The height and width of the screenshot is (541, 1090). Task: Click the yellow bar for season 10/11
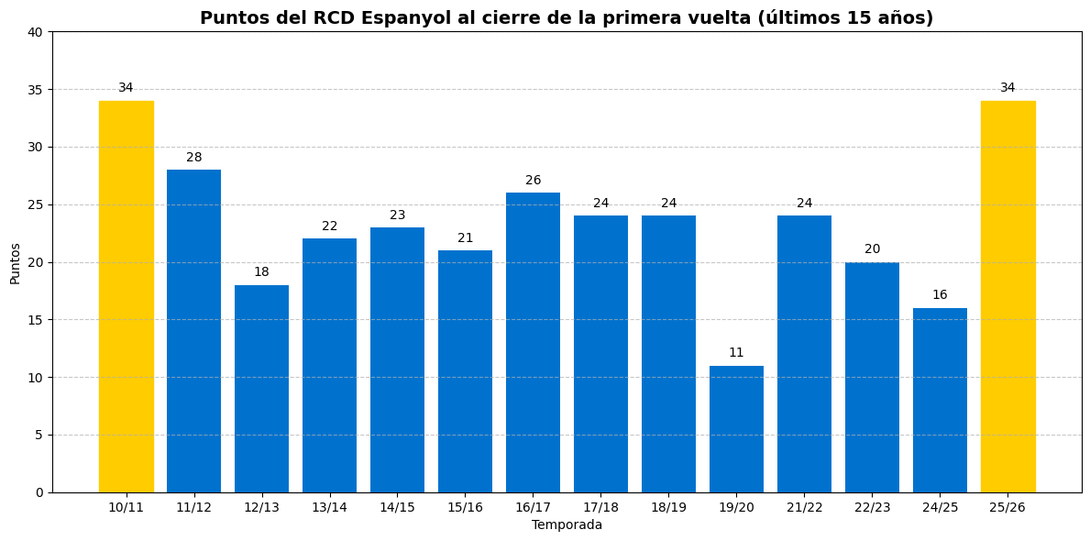click(127, 296)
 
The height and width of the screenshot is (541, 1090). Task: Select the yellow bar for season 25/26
click(1007, 296)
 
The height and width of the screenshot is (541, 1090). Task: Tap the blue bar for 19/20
click(736, 429)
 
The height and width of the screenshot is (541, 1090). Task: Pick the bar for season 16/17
click(533, 342)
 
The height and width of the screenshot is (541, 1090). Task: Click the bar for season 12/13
click(261, 389)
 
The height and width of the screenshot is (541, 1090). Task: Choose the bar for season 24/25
click(940, 400)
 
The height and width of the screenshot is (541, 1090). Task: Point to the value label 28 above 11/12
click(194, 158)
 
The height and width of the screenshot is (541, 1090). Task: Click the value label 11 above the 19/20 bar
click(736, 353)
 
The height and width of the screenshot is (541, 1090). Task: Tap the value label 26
click(533, 181)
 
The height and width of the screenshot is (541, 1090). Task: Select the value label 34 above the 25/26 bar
click(1007, 88)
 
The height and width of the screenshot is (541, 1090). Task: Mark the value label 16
click(940, 295)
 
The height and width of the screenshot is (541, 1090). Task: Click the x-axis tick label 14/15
click(397, 507)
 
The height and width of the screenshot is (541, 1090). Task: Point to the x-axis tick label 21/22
click(804, 507)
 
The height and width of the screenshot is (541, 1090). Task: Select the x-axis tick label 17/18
click(600, 507)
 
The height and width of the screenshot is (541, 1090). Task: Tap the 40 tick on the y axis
click(35, 32)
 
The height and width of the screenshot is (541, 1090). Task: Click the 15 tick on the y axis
click(35, 320)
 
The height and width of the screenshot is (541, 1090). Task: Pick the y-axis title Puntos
click(15, 263)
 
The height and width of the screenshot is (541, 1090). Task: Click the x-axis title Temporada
click(567, 525)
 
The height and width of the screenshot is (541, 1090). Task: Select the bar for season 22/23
click(872, 377)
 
